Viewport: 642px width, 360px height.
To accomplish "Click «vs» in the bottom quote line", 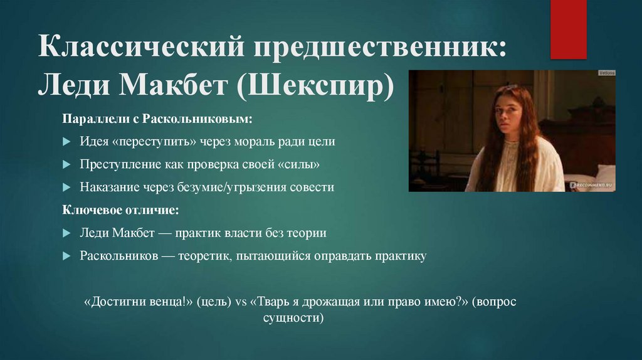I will coord(241,302).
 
